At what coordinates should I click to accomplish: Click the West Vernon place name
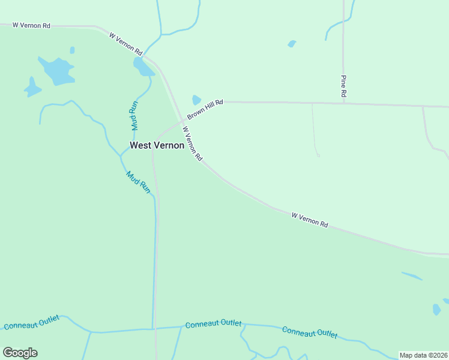pyautogui.click(x=157, y=145)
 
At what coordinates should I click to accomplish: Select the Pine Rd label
pyautogui.click(x=344, y=86)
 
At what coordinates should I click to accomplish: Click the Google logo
pyautogui.click(x=20, y=353)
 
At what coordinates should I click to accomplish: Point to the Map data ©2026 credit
pyautogui.click(x=424, y=355)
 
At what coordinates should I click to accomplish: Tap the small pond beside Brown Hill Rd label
pyautogui.click(x=196, y=100)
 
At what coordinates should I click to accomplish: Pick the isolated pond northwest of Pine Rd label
pyautogui.click(x=292, y=44)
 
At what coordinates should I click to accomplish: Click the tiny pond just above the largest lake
pyautogui.click(x=72, y=50)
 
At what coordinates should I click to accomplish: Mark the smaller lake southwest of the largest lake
pyautogui.click(x=32, y=88)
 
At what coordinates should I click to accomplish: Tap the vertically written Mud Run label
pyautogui.click(x=134, y=115)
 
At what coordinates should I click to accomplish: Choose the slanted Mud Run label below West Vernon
pyautogui.click(x=138, y=182)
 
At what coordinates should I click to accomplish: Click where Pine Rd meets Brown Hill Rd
pyautogui.click(x=343, y=103)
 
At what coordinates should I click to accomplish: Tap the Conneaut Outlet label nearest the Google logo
pyautogui.click(x=31, y=322)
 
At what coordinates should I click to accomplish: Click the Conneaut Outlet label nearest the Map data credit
pyautogui.click(x=310, y=332)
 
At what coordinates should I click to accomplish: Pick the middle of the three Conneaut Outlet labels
pyautogui.click(x=213, y=324)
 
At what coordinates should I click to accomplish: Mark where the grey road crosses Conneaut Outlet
pyautogui.click(x=154, y=328)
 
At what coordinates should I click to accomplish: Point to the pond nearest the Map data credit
pyautogui.click(x=436, y=310)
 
